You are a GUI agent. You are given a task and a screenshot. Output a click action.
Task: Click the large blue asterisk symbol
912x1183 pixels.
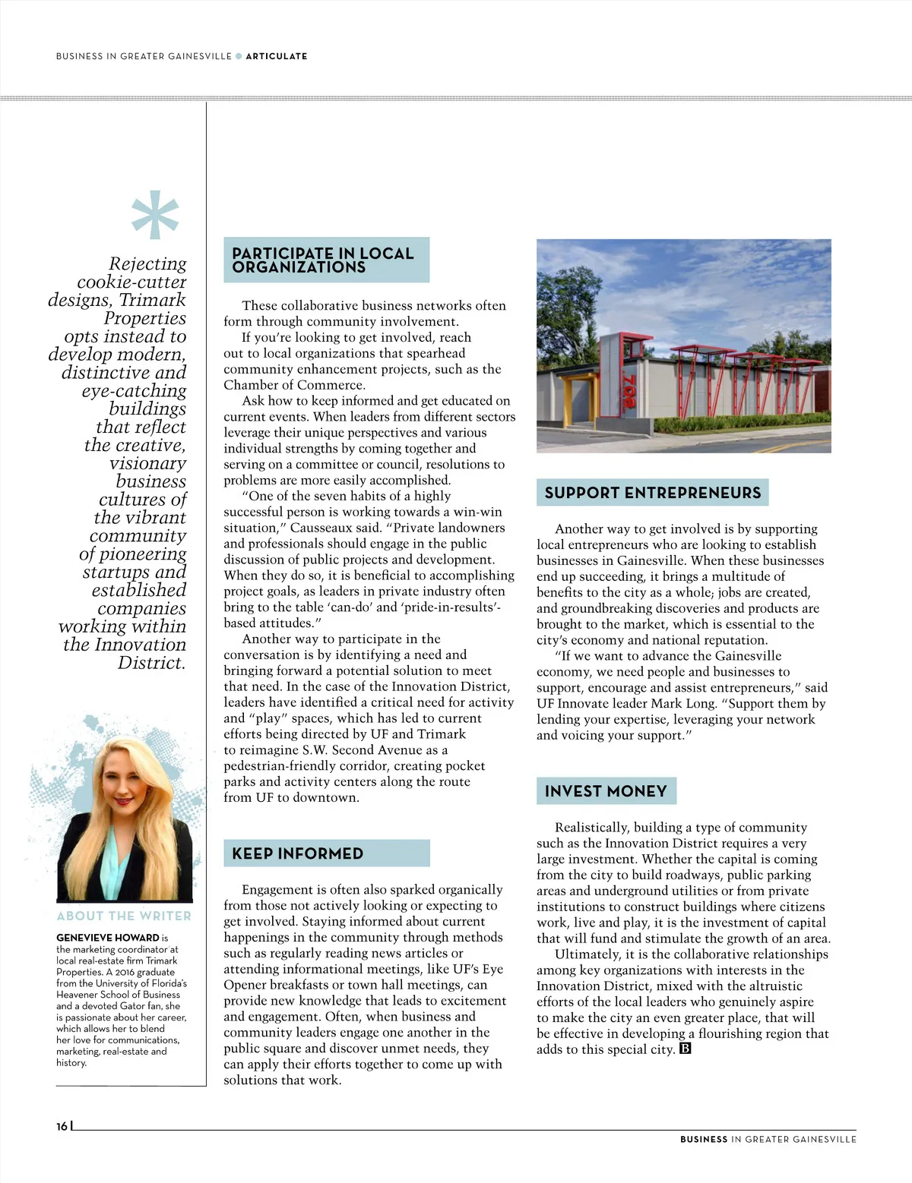click(x=155, y=215)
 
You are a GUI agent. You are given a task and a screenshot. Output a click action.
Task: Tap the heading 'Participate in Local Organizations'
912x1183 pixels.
click(x=323, y=260)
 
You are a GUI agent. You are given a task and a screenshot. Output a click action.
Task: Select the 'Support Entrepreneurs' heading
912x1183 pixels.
click(x=652, y=493)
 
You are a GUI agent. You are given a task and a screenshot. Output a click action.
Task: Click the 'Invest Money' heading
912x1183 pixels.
click(x=606, y=791)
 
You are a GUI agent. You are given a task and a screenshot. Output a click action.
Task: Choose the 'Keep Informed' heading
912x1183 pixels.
click(x=298, y=853)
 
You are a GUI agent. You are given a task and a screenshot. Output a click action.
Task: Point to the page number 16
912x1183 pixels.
click(x=62, y=1126)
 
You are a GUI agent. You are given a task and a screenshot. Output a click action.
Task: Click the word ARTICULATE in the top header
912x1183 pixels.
click(x=277, y=56)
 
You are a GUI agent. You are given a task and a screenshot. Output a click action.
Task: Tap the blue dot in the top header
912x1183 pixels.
click(x=239, y=56)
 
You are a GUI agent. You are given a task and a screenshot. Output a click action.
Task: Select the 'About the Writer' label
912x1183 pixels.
click(x=124, y=916)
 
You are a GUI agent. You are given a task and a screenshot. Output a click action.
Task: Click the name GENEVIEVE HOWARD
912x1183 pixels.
click(x=108, y=938)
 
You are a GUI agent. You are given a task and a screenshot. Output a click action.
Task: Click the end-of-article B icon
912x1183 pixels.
click(x=685, y=1049)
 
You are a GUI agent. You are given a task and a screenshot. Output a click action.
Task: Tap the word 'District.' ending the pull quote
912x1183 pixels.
click(x=151, y=663)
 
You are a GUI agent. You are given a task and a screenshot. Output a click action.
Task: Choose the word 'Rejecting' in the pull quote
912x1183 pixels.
click(x=147, y=263)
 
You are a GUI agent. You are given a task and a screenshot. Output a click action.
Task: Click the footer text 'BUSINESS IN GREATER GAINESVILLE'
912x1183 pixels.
click(x=768, y=1139)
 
